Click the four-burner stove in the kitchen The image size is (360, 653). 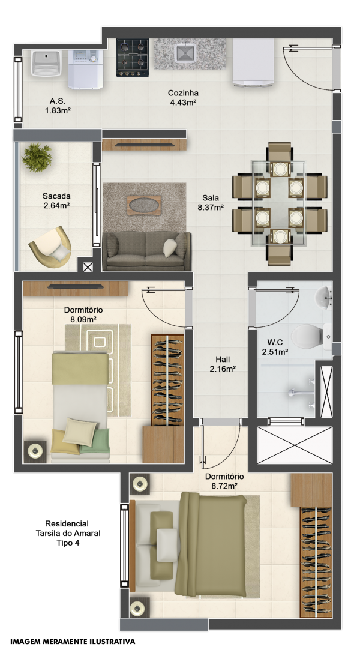tap(133, 58)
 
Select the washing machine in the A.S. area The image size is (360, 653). tap(85, 70)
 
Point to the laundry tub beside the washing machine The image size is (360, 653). tap(47, 64)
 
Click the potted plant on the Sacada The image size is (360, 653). tap(37, 157)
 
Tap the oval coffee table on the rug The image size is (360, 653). tap(143, 205)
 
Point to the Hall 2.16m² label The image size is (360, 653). tap(223, 364)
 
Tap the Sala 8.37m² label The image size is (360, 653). tap(211, 202)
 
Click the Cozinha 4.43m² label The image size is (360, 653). tap(183, 97)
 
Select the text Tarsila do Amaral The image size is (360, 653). tap(68, 533)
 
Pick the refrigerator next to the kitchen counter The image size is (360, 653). tap(253, 62)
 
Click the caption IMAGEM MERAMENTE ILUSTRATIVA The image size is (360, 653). tap(73, 642)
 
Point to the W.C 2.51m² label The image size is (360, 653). tap(275, 347)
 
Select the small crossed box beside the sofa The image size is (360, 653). tap(88, 267)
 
